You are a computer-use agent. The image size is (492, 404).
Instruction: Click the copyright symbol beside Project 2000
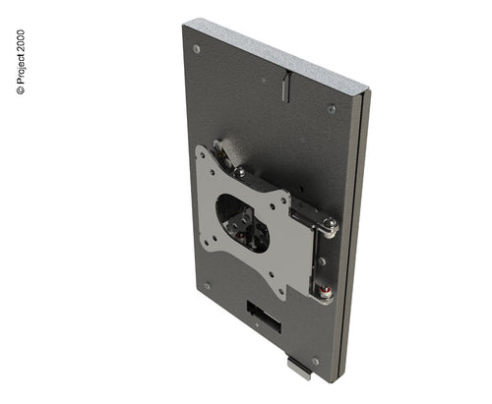click(x=21, y=90)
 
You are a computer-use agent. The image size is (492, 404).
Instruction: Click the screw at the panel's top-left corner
click(x=197, y=49)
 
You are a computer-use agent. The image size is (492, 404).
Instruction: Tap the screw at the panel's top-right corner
click(x=332, y=109)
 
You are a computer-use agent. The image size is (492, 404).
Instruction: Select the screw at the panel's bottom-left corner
click(x=207, y=286)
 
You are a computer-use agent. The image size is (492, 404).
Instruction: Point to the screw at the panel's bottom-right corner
click(x=315, y=362)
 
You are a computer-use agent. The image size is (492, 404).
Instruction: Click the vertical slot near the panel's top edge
click(x=286, y=87)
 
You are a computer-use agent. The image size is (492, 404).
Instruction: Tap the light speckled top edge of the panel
click(x=276, y=52)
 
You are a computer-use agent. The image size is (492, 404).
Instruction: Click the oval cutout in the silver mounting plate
click(x=242, y=223)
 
